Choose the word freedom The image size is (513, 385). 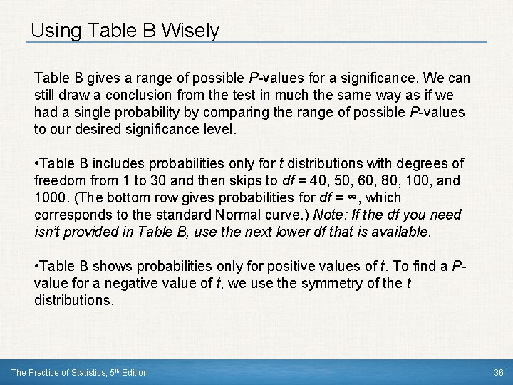(x=58, y=180)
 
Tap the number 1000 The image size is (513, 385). (x=51, y=197)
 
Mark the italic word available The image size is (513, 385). (x=400, y=232)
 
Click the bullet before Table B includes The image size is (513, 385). (x=36, y=163)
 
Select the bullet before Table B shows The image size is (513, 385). (x=36, y=266)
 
